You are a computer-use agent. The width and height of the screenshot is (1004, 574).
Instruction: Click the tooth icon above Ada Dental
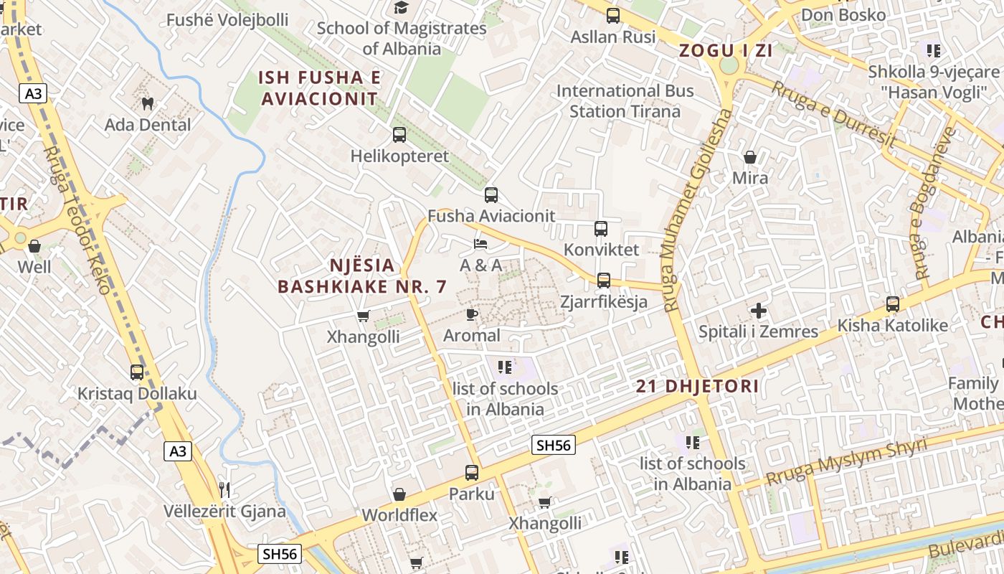tap(148, 103)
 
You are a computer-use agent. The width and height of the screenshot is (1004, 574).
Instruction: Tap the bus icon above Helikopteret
tap(399, 134)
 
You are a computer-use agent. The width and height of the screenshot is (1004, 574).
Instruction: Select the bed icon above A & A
tap(480, 244)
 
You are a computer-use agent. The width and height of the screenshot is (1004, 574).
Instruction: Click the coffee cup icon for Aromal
tap(471, 314)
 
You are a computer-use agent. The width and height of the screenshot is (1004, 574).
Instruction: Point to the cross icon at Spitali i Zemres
tap(759, 311)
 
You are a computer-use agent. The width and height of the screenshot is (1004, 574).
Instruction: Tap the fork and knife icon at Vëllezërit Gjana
tap(225, 490)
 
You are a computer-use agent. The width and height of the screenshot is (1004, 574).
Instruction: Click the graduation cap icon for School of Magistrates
tap(401, 8)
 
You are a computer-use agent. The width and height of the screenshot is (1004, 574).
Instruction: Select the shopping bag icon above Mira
tap(750, 156)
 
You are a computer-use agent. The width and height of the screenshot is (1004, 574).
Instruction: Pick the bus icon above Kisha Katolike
tap(892, 304)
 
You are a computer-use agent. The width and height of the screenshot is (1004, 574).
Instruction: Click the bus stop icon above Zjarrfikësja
tap(604, 280)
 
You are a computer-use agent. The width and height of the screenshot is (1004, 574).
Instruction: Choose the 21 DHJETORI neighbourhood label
tap(697, 386)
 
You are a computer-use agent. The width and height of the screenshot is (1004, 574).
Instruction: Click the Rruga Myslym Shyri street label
tap(846, 461)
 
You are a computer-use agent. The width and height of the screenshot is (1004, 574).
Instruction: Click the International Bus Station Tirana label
tap(625, 101)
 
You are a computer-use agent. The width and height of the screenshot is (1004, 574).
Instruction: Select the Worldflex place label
tap(399, 515)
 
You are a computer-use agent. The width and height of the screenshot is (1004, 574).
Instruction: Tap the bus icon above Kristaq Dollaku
tap(137, 372)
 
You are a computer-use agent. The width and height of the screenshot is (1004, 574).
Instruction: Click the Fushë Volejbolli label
tap(227, 19)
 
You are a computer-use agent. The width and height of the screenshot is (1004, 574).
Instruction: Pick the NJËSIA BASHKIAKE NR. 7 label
tap(362, 276)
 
